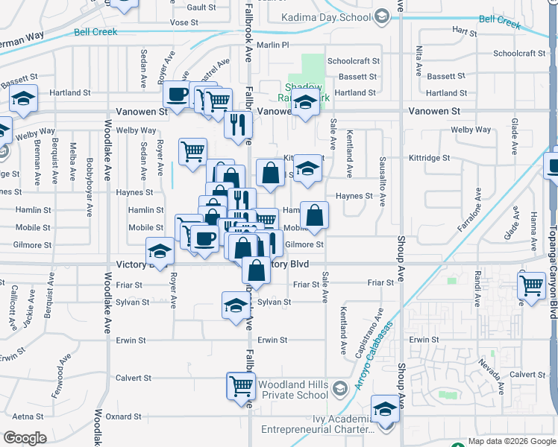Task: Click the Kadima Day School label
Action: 326,17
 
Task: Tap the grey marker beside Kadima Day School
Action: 381,16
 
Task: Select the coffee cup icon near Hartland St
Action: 177,95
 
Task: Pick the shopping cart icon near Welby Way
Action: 192,151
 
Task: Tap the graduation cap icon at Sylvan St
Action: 236,305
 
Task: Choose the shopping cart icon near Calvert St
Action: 241,386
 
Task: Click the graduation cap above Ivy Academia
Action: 385,409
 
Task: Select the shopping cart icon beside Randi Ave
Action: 532,284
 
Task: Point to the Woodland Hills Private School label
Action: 292,390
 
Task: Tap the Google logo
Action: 25,438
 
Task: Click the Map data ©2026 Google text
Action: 512,442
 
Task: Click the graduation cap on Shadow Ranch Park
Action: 305,103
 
